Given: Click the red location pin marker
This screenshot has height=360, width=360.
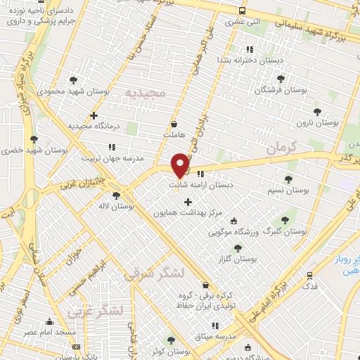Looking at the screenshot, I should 181,165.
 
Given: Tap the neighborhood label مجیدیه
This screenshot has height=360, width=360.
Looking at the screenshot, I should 144,92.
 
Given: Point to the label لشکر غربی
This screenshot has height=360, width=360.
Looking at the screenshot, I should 96,310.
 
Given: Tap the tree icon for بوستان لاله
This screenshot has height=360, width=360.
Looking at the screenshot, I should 116,195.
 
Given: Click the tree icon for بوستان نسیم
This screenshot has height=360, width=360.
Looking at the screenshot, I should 288,179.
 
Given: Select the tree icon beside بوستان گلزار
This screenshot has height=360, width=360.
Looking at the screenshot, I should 238,247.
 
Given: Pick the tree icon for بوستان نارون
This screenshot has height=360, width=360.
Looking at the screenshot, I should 317,110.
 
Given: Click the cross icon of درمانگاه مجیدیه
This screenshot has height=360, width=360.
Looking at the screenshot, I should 94,115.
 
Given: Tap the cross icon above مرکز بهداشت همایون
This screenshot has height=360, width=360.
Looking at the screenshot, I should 188,202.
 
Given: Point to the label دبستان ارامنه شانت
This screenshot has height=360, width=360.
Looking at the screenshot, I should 200,186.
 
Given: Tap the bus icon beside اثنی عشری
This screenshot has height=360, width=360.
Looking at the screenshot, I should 242,11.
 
